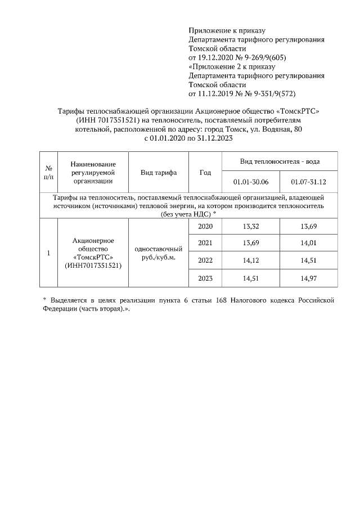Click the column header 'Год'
[205, 172]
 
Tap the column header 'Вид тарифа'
[159, 172]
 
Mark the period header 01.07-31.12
[309, 182]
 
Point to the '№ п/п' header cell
[49, 172]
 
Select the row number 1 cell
[49, 253]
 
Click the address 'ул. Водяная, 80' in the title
[274, 129]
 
